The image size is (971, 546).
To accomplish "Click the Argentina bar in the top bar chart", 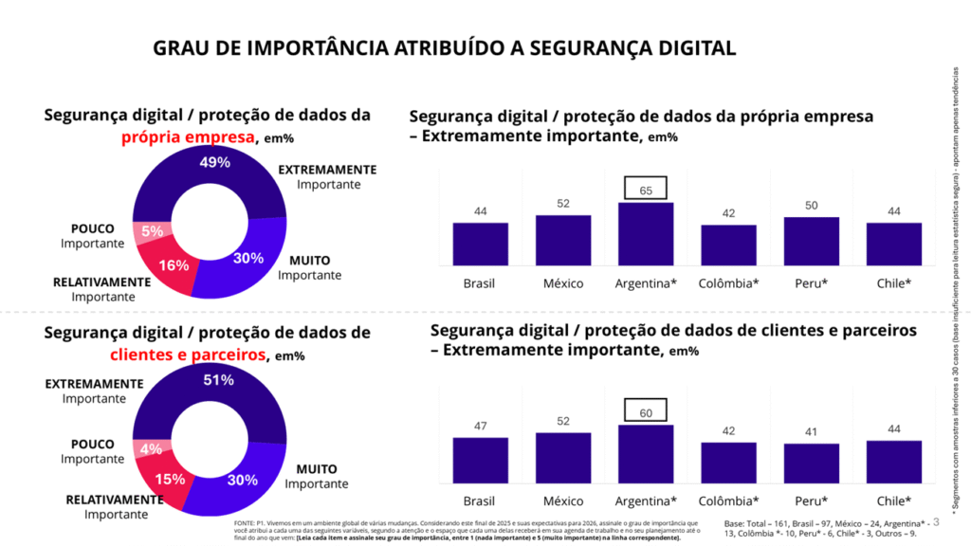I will tap(646, 233).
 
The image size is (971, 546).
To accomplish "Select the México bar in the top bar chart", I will tap(563, 239).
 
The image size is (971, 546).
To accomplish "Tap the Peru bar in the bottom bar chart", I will tap(812, 464).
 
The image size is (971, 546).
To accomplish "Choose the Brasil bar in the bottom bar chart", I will tap(480, 461).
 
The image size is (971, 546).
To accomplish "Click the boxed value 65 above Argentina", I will tap(646, 188).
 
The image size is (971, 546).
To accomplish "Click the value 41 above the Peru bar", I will tap(812, 430).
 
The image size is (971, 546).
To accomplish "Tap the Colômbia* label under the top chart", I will tap(728, 283).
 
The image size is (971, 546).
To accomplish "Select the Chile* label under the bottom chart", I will tap(894, 500).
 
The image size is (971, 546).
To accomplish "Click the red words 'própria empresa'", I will tap(188, 136).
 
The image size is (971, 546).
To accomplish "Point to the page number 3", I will tap(936, 520).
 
